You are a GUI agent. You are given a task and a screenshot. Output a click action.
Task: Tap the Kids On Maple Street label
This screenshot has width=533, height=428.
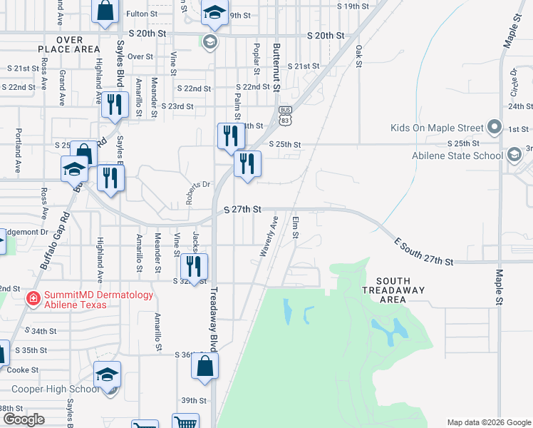pyautogui.click(x=437, y=128)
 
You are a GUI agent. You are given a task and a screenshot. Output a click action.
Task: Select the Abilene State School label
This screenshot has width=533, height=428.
pyautogui.click(x=458, y=156)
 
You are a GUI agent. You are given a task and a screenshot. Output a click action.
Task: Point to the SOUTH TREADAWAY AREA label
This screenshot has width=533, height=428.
pyautogui.click(x=392, y=290)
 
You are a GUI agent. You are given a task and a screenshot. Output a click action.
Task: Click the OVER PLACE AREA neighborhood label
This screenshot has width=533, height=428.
pyautogui.click(x=68, y=44)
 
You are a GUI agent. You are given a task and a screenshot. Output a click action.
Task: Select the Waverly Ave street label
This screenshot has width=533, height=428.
pyautogui.click(x=269, y=241)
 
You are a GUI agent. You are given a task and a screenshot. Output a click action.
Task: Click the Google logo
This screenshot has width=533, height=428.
pyautogui.click(x=24, y=419)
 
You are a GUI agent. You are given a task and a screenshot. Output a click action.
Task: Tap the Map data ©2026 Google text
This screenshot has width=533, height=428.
pyautogui.click(x=489, y=422)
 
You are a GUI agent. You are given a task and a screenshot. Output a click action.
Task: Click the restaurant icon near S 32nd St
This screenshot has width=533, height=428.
pyautogui.click(x=194, y=267)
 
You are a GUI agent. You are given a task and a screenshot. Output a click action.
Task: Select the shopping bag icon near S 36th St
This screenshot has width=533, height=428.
pyautogui.click(x=205, y=366)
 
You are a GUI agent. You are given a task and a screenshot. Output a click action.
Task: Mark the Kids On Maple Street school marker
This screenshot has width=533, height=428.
pyautogui.click(x=495, y=128)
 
